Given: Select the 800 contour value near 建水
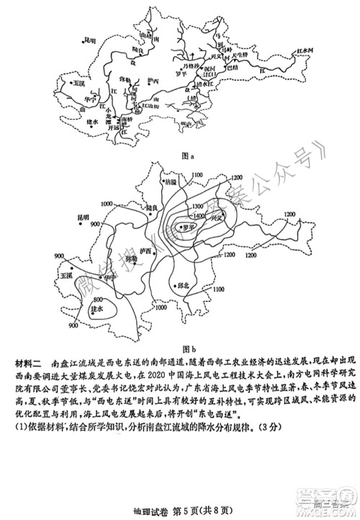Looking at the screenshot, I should [98, 298].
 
